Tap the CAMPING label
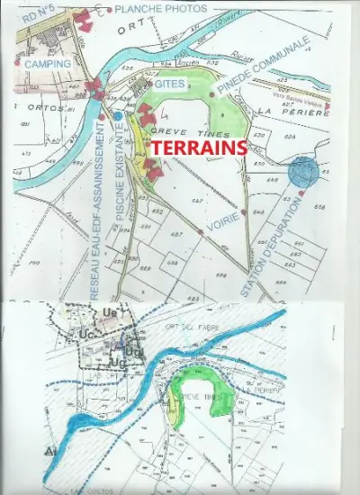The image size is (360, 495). pos(48,65)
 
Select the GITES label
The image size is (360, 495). pos(170,84)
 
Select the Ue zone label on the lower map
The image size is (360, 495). pos(112,311)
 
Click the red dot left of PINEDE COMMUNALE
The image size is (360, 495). pos(211,94)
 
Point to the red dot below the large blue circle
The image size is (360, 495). pos(300,193)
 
